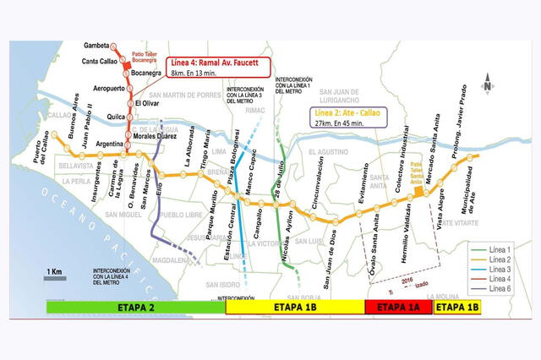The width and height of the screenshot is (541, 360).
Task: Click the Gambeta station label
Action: point(100,45)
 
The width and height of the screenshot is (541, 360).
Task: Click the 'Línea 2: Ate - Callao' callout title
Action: point(349,111)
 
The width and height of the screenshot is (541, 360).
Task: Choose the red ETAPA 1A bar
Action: point(397,308)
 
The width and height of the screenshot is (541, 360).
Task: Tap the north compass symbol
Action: point(489,85)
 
